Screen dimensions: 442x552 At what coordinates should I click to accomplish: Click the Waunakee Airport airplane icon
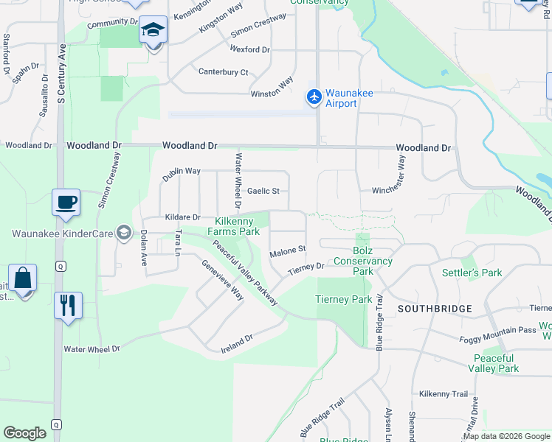pos(314,97)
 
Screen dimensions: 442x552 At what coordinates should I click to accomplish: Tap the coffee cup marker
pos(66,202)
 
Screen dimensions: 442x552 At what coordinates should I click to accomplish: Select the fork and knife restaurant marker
pos(68,304)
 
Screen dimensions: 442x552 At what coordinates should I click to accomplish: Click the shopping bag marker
pos(22,278)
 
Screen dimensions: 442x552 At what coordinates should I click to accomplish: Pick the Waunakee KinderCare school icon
pos(123,234)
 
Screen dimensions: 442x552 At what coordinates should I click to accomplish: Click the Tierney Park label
pos(344,299)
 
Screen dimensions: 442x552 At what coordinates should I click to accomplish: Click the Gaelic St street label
pos(263,191)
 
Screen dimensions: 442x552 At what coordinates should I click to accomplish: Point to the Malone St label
pos(287,250)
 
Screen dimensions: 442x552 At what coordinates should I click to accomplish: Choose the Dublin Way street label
pos(182,171)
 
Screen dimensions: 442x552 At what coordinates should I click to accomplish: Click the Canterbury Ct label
pos(223,72)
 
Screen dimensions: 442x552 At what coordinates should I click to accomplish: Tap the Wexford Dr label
pos(249,49)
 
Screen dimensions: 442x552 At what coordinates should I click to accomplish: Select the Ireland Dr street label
pos(237,343)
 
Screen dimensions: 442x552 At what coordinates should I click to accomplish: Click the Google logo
pos(25,433)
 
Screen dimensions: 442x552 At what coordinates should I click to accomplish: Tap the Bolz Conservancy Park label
pos(362,261)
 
